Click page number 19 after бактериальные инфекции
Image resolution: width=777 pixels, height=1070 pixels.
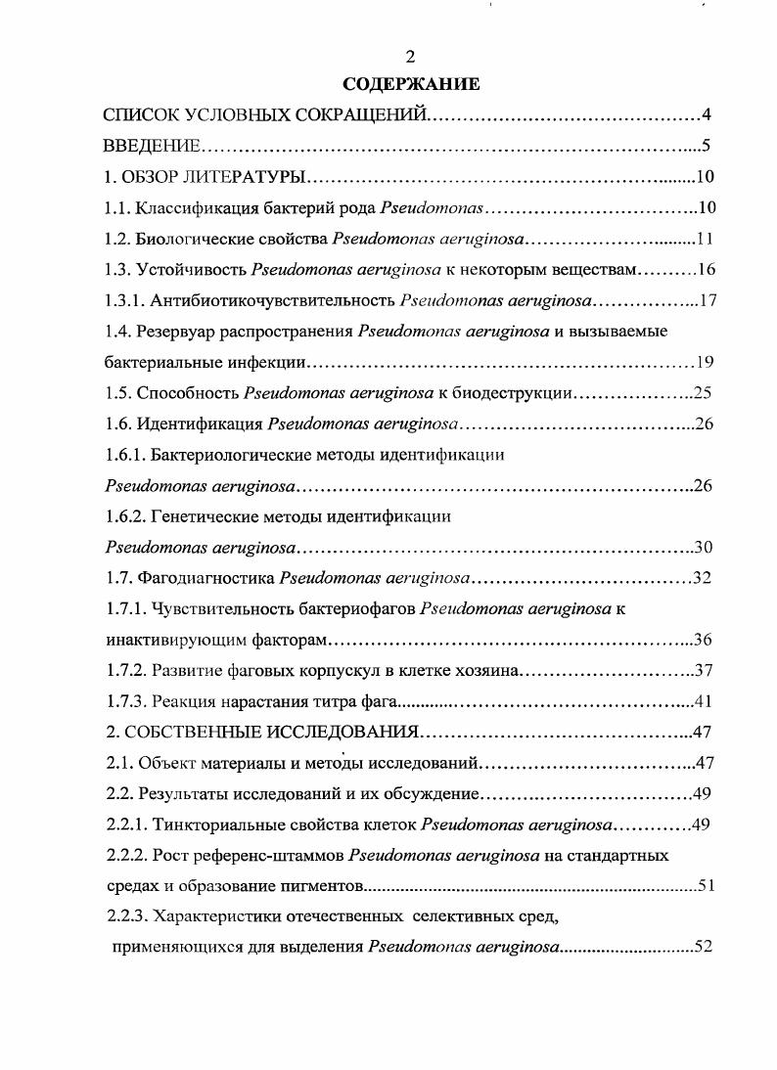(x=707, y=363)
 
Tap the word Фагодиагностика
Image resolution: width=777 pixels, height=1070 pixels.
(x=206, y=578)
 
